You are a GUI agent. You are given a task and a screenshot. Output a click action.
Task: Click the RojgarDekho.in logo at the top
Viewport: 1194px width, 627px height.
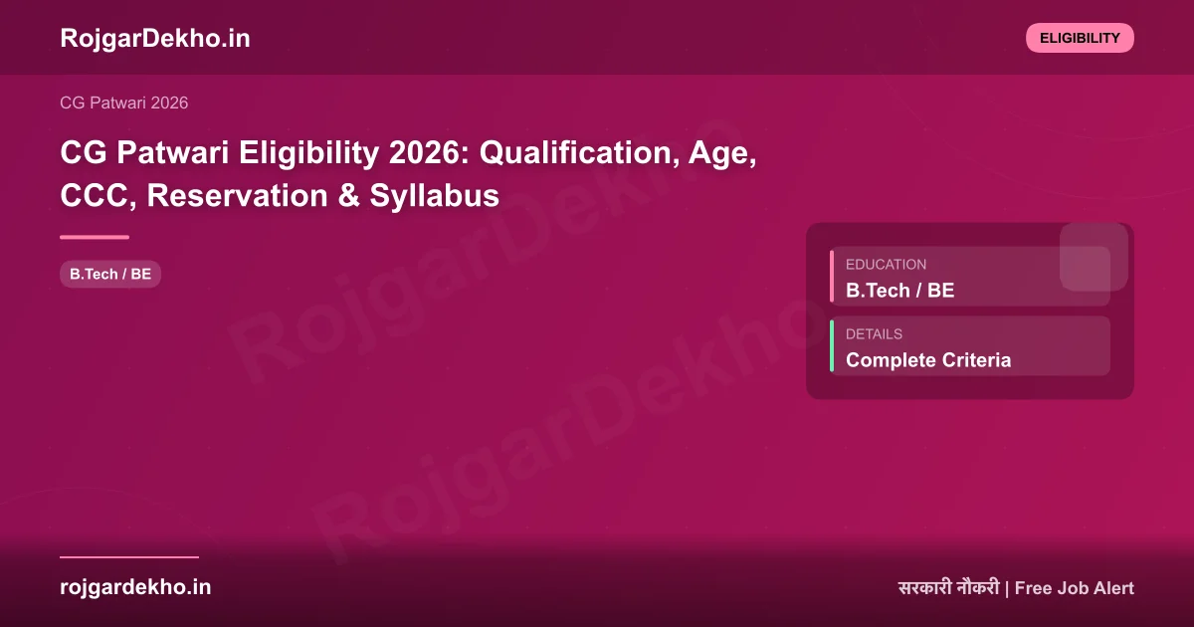click(x=155, y=39)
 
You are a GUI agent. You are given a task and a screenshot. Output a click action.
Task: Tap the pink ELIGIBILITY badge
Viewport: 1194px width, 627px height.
click(x=1080, y=38)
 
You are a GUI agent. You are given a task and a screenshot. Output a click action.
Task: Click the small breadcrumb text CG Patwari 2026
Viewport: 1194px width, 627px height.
click(x=124, y=103)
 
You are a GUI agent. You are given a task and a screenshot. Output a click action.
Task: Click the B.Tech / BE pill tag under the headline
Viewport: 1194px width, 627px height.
click(x=110, y=274)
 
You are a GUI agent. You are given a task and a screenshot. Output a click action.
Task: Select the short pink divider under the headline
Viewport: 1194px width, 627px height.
click(x=95, y=237)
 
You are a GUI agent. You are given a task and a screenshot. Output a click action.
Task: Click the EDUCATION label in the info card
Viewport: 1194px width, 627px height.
click(x=886, y=265)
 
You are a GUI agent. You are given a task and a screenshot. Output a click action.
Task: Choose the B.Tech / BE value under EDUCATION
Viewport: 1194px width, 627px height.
click(x=899, y=291)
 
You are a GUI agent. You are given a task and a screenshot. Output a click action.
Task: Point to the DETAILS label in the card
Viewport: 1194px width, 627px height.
click(x=874, y=334)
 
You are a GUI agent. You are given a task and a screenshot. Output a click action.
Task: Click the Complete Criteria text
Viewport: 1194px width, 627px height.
click(x=927, y=360)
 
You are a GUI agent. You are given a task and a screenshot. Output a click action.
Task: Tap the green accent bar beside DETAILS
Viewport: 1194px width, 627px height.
click(x=832, y=346)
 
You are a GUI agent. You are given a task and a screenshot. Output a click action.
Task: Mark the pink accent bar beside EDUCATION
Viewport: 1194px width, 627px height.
click(x=832, y=277)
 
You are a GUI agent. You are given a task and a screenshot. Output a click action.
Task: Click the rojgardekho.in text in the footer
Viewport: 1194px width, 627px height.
click(x=135, y=587)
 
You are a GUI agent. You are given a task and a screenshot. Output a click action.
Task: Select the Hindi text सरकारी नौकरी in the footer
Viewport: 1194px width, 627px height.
click(x=947, y=588)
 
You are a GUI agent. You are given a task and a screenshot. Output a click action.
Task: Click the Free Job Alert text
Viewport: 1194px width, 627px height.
click(x=1074, y=588)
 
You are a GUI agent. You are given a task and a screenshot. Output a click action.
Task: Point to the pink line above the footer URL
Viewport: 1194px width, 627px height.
click(x=129, y=557)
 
